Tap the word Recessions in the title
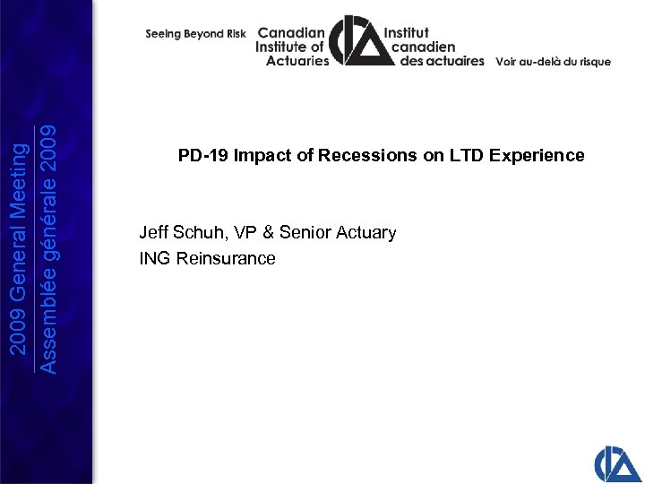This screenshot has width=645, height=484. pyautogui.click(x=377, y=156)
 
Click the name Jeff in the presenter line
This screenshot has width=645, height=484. pyautogui.click(x=154, y=233)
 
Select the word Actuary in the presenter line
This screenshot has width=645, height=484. pyautogui.click(x=365, y=233)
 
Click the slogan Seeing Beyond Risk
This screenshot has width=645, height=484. pyautogui.click(x=195, y=34)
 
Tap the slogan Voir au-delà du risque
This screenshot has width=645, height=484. pyautogui.click(x=553, y=62)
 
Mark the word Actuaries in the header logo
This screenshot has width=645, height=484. pyautogui.click(x=297, y=61)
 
